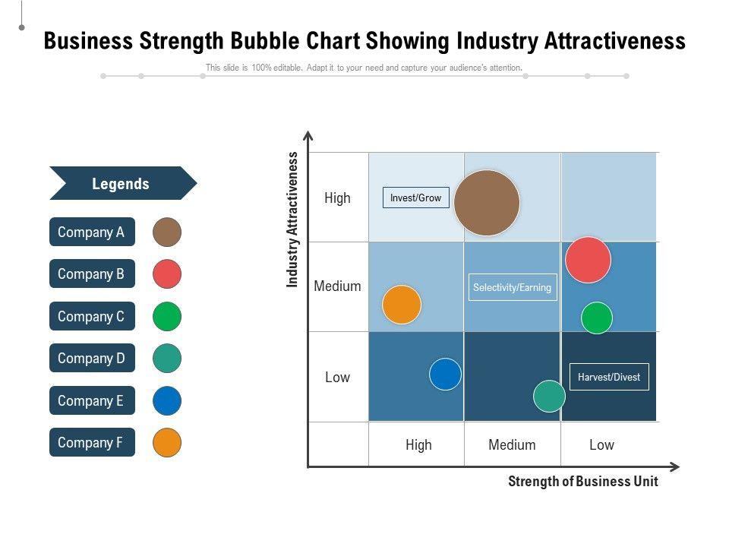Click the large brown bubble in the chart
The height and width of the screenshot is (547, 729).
click(x=487, y=203)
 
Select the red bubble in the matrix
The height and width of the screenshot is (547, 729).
click(x=588, y=260)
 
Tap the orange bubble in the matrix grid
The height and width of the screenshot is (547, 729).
click(x=402, y=305)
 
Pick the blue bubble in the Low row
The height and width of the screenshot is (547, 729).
click(x=446, y=375)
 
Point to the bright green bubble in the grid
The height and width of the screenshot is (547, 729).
click(x=597, y=318)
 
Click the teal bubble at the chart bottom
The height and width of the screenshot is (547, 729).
click(x=549, y=396)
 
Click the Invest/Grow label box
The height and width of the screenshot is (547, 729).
click(x=415, y=198)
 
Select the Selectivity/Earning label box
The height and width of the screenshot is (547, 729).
click(x=512, y=287)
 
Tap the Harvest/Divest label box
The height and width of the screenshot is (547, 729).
click(x=609, y=377)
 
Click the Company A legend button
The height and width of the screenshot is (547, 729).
click(x=92, y=232)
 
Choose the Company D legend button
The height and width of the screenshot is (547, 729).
click(x=92, y=358)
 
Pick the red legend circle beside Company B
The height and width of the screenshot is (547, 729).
click(x=167, y=274)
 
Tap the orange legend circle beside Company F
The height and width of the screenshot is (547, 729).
click(x=167, y=443)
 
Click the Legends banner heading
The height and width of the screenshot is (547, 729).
click(x=121, y=184)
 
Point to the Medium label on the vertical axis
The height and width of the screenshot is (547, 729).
click(x=337, y=286)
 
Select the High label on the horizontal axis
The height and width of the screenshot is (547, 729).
click(x=418, y=444)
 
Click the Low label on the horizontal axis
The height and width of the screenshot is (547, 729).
click(x=601, y=444)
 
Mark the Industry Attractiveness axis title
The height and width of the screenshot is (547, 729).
click(x=293, y=220)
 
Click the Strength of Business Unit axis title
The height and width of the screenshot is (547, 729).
click(x=582, y=481)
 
